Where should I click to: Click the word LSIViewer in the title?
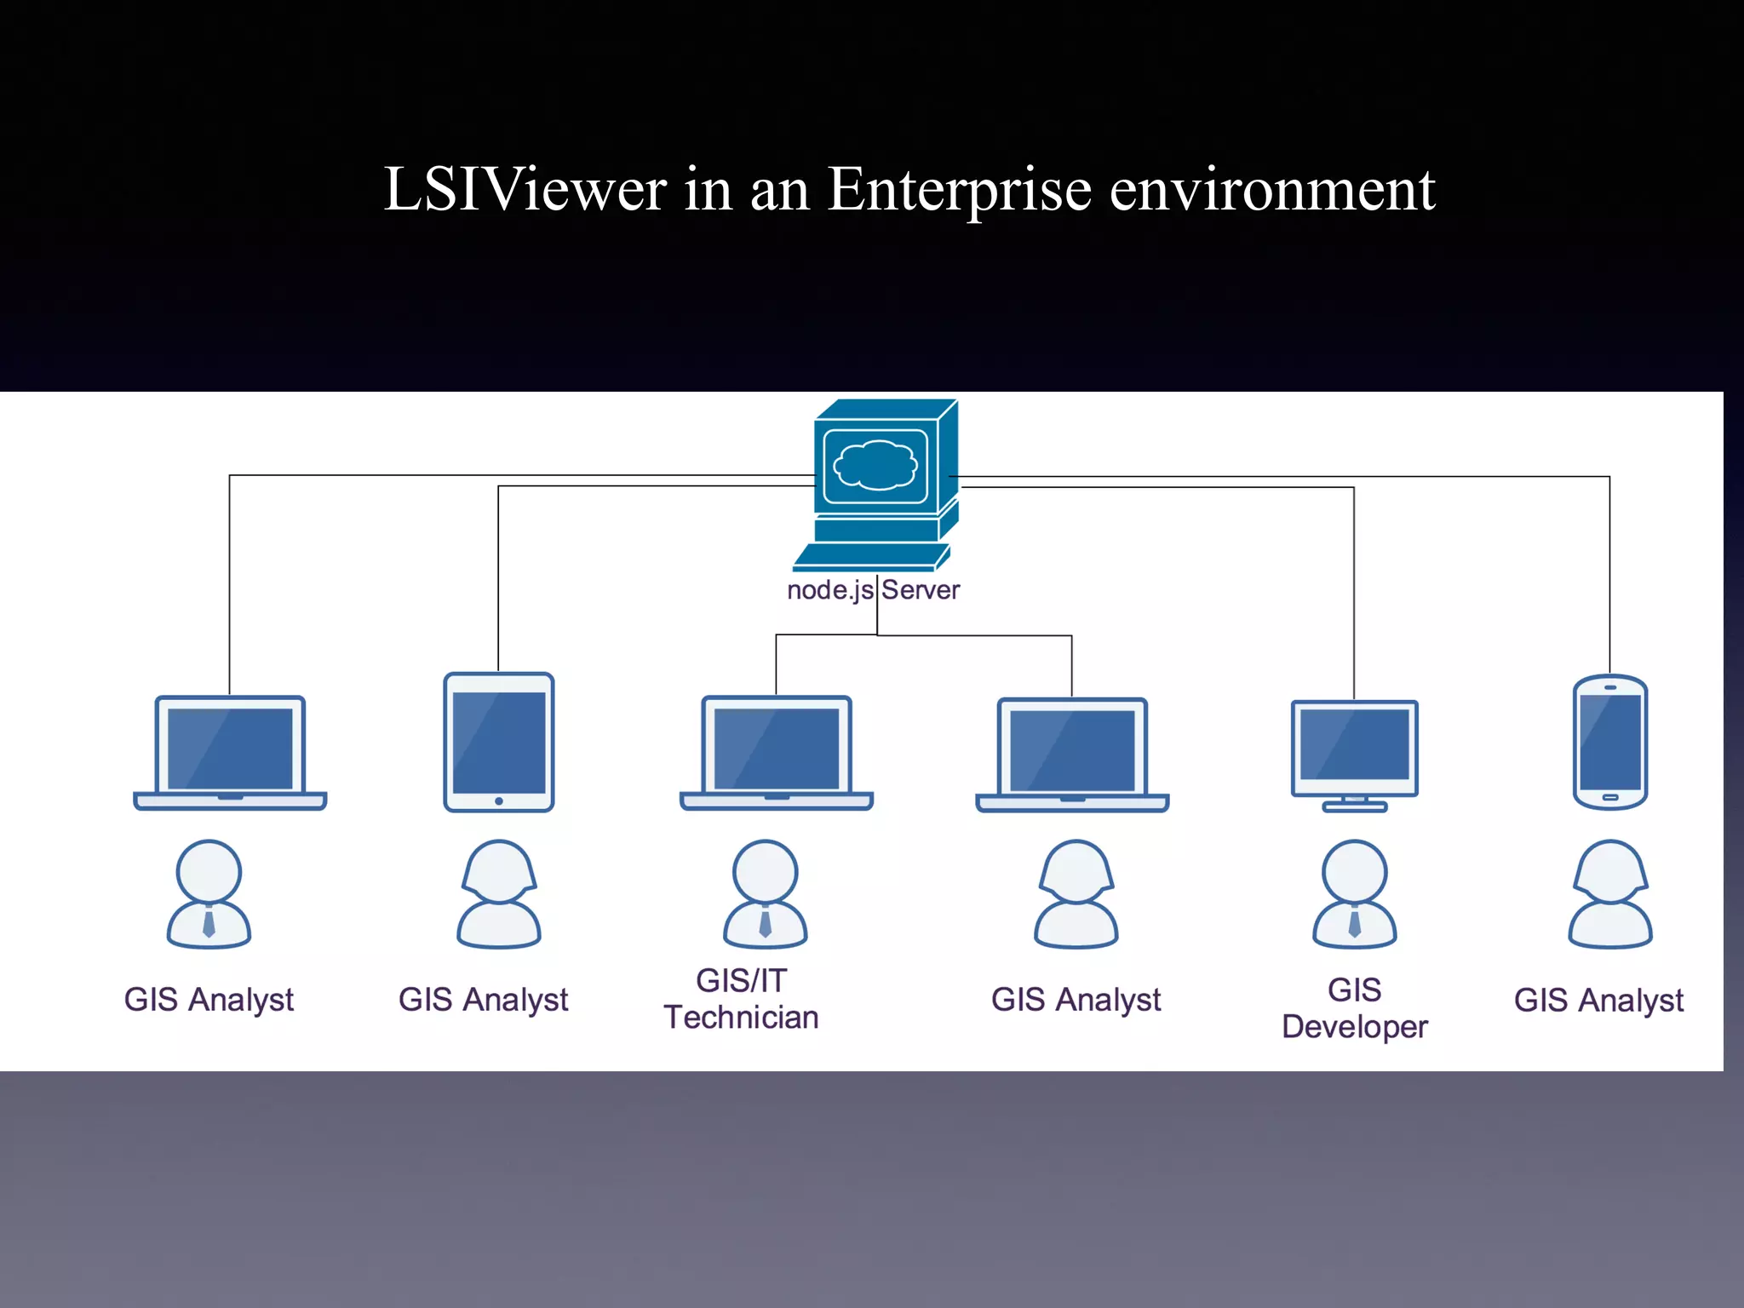click(525, 189)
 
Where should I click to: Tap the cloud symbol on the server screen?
click(875, 466)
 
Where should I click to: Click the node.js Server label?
click(873, 589)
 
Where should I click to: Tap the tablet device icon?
click(499, 742)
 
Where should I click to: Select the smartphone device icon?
click(1609, 742)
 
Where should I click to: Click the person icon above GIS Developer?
click(1354, 894)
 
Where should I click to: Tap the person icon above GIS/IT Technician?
click(765, 894)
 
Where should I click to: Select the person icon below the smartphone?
click(1609, 894)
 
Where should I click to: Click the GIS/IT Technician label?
click(741, 999)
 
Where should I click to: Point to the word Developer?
click(1354, 1027)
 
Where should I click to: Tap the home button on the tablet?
click(499, 800)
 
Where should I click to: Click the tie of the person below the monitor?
click(1354, 922)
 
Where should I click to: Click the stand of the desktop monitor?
click(1354, 805)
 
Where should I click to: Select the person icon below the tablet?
click(499, 894)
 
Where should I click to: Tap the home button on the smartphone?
click(1609, 797)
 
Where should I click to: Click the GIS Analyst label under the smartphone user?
click(1598, 1000)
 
